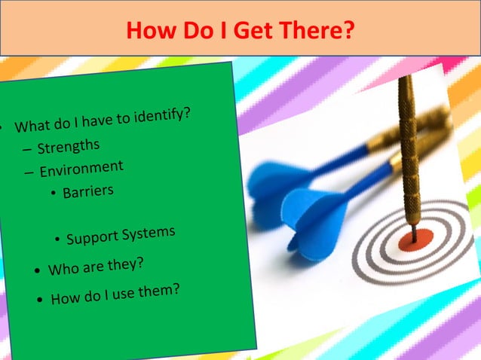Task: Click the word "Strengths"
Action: tap(68, 145)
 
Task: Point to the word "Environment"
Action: tap(81, 168)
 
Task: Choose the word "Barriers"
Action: tap(87, 191)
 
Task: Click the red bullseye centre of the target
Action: tap(413, 240)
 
